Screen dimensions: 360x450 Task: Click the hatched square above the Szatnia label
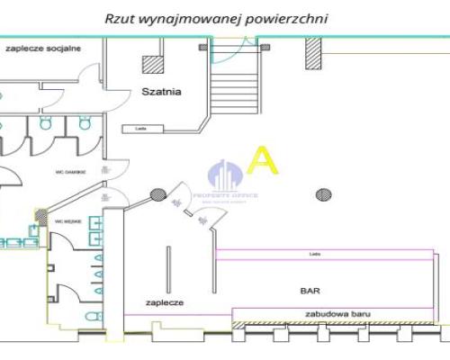tap(152, 66)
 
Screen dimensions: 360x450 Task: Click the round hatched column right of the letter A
tap(321, 192)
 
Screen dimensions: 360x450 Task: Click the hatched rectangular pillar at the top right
tap(313, 56)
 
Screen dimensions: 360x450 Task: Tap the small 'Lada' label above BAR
tap(314, 255)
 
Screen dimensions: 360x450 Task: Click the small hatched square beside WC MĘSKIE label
tap(41, 215)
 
